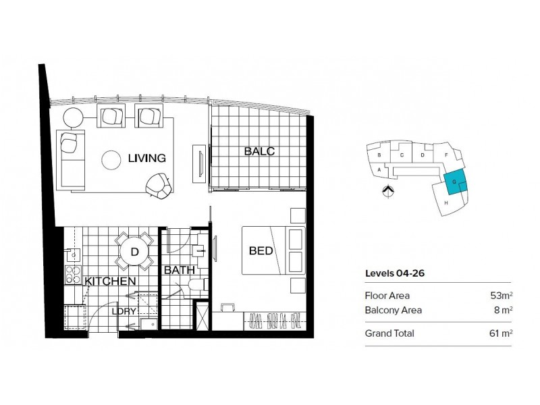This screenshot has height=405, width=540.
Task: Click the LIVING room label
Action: pyautogui.click(x=146, y=159)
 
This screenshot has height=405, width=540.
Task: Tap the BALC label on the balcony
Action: pyautogui.click(x=259, y=151)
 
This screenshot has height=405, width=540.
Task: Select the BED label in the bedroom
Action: pyautogui.click(x=261, y=251)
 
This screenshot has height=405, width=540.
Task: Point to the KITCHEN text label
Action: pyautogui.click(x=111, y=280)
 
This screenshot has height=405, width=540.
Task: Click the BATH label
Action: pyautogui.click(x=178, y=271)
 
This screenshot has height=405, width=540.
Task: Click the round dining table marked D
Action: pyautogui.click(x=134, y=252)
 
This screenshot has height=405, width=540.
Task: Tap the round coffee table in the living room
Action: pyautogui.click(x=111, y=160)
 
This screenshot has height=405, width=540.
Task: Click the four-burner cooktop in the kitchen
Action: pyautogui.click(x=72, y=275)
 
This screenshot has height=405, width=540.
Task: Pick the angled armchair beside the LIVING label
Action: pyautogui.click(x=159, y=186)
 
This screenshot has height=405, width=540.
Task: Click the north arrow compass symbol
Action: pyautogui.click(x=387, y=192)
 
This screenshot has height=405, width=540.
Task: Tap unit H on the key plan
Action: pyautogui.click(x=446, y=202)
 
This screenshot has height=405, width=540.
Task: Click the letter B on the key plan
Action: pyautogui.click(x=380, y=155)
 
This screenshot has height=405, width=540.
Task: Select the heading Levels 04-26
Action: pyautogui.click(x=394, y=273)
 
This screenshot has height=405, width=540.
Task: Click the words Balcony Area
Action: pyautogui.click(x=393, y=310)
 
